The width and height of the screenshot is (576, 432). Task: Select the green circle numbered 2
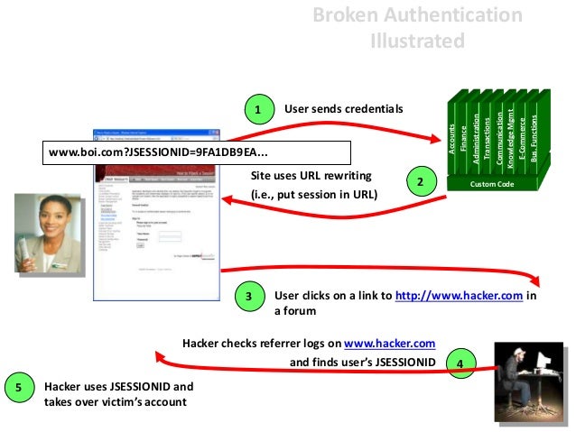(x=420, y=181)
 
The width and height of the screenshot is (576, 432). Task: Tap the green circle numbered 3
(x=250, y=296)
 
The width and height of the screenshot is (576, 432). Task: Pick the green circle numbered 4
(x=460, y=363)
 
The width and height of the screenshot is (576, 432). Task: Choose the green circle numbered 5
(x=18, y=388)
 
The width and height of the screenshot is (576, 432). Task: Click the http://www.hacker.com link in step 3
(x=460, y=295)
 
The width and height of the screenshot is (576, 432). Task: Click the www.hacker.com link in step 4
(x=390, y=343)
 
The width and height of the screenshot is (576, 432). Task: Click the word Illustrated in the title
(x=417, y=41)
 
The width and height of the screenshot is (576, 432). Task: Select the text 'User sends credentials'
(x=343, y=109)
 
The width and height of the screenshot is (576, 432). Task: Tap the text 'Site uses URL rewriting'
(x=311, y=175)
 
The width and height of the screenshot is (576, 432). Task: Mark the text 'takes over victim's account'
(x=115, y=401)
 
